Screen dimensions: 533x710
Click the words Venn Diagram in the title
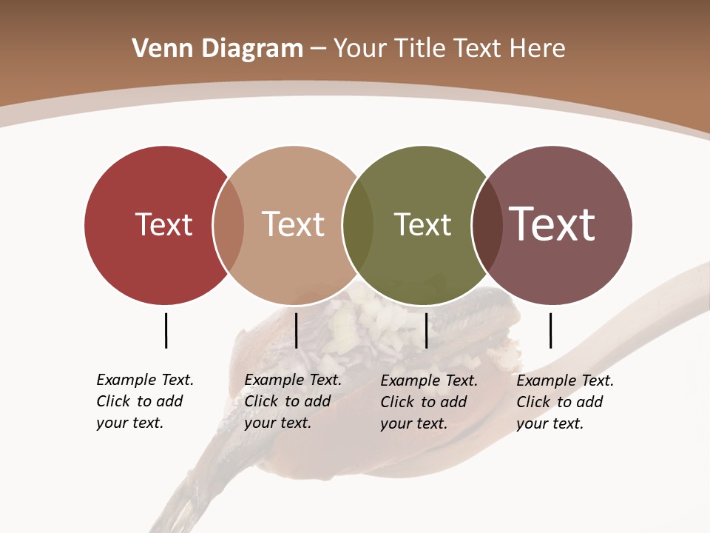point(217,49)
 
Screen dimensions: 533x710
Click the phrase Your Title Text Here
point(449,49)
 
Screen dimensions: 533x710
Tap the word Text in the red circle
point(163,224)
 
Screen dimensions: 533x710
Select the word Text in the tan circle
point(293,224)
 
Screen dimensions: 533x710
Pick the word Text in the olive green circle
point(422,224)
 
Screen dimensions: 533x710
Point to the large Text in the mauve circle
point(552,224)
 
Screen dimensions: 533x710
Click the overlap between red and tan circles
point(229,224)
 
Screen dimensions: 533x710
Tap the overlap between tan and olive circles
point(358,224)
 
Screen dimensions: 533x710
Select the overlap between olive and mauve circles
point(487,224)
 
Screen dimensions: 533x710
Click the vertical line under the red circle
point(166,330)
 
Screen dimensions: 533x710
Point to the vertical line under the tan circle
point(296,330)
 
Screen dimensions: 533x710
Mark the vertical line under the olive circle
point(426,330)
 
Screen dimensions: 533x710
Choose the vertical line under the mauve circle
point(550,330)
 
